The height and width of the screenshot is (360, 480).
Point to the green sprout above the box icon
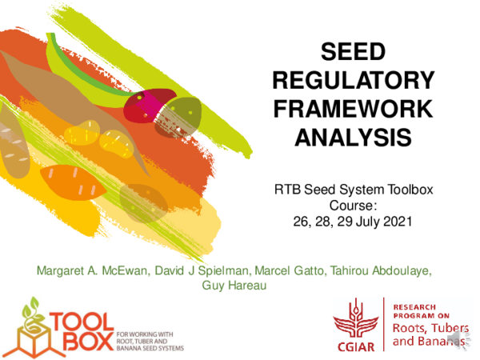pos(30,307)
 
